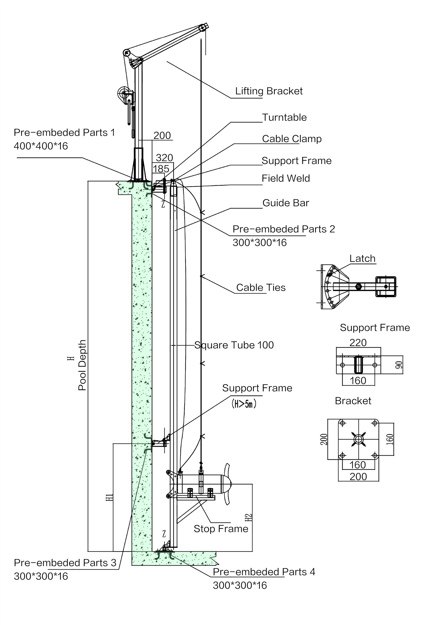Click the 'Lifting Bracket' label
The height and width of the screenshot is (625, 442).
(x=269, y=91)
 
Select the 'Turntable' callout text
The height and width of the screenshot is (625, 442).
(x=284, y=117)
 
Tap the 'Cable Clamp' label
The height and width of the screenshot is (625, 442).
(x=292, y=139)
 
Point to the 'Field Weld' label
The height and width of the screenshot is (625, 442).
(x=286, y=178)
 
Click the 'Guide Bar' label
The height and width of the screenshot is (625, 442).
(x=286, y=203)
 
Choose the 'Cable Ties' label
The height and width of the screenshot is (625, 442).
(x=261, y=288)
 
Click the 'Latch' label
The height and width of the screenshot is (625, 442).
(x=362, y=259)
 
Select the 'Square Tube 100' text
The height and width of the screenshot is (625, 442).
(x=234, y=345)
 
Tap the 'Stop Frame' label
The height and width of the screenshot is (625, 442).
(x=221, y=529)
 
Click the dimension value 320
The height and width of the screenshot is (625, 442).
(x=164, y=158)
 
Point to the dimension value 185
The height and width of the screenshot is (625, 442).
(x=161, y=169)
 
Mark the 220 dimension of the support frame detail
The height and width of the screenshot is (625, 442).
(x=358, y=343)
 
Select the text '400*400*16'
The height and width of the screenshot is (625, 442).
(x=41, y=146)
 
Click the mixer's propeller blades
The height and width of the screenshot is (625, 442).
(x=228, y=484)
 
